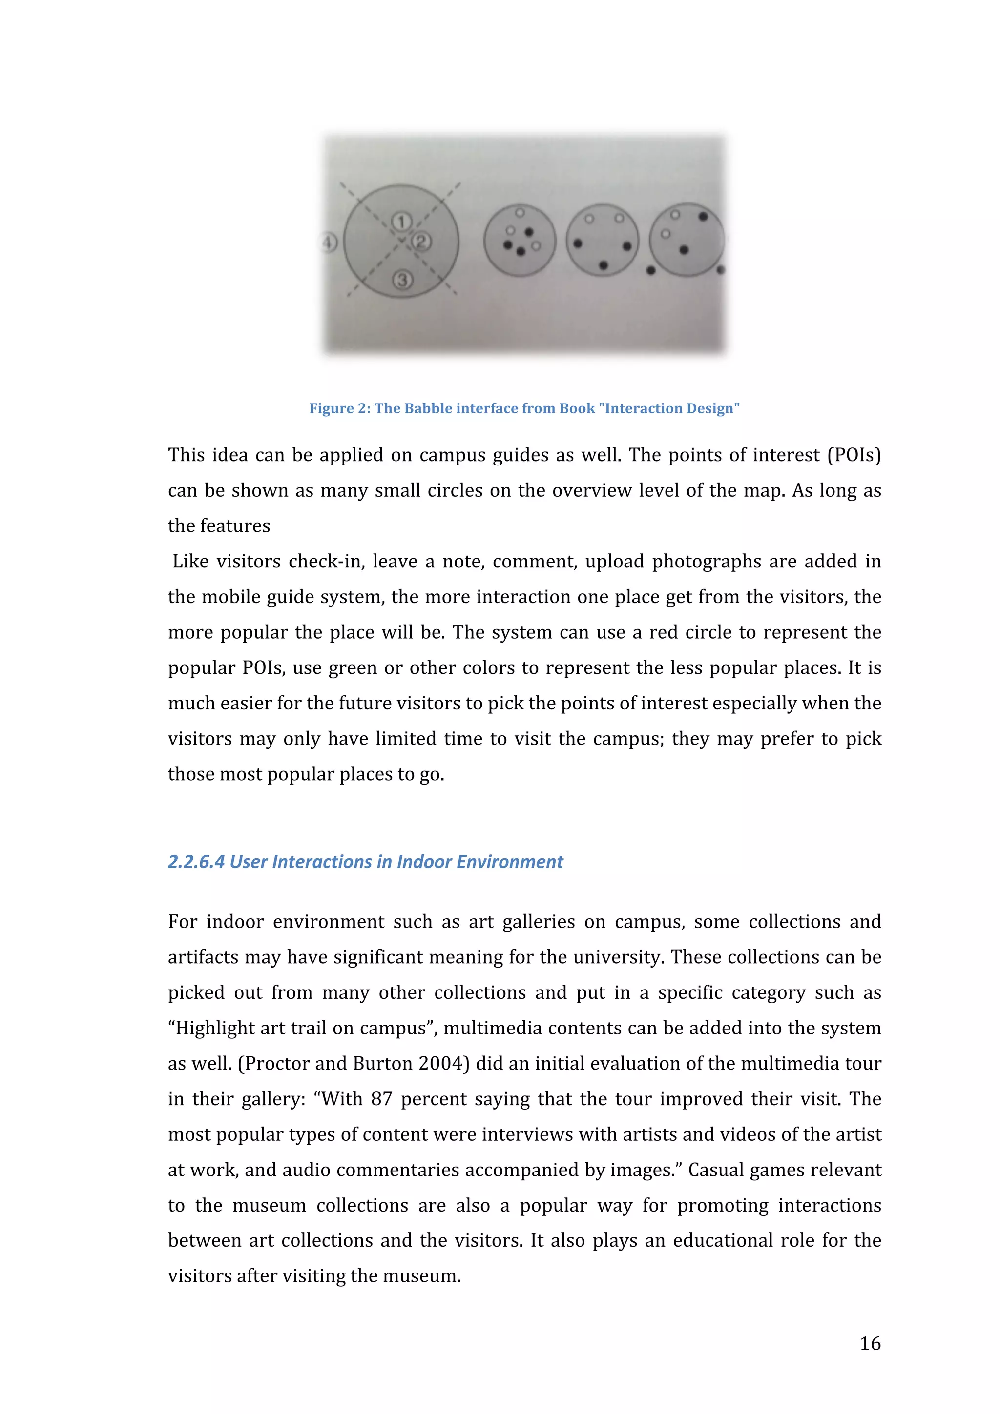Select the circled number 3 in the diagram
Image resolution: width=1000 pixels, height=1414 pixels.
402,280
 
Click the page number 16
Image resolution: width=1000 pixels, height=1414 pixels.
870,1343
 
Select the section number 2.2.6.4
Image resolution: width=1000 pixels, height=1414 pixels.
196,862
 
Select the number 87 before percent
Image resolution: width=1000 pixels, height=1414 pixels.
381,1099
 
